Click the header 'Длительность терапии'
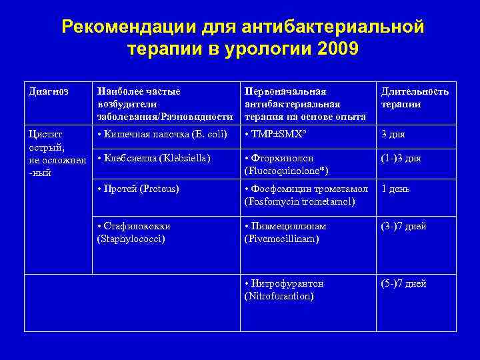point(414,97)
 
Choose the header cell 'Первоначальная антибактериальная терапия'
point(305,104)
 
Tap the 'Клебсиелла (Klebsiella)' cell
point(153,159)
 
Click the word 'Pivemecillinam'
point(282,238)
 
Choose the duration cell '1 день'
point(395,189)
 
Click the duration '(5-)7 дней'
point(403,284)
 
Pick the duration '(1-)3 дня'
point(401,159)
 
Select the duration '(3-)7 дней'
point(403,226)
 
